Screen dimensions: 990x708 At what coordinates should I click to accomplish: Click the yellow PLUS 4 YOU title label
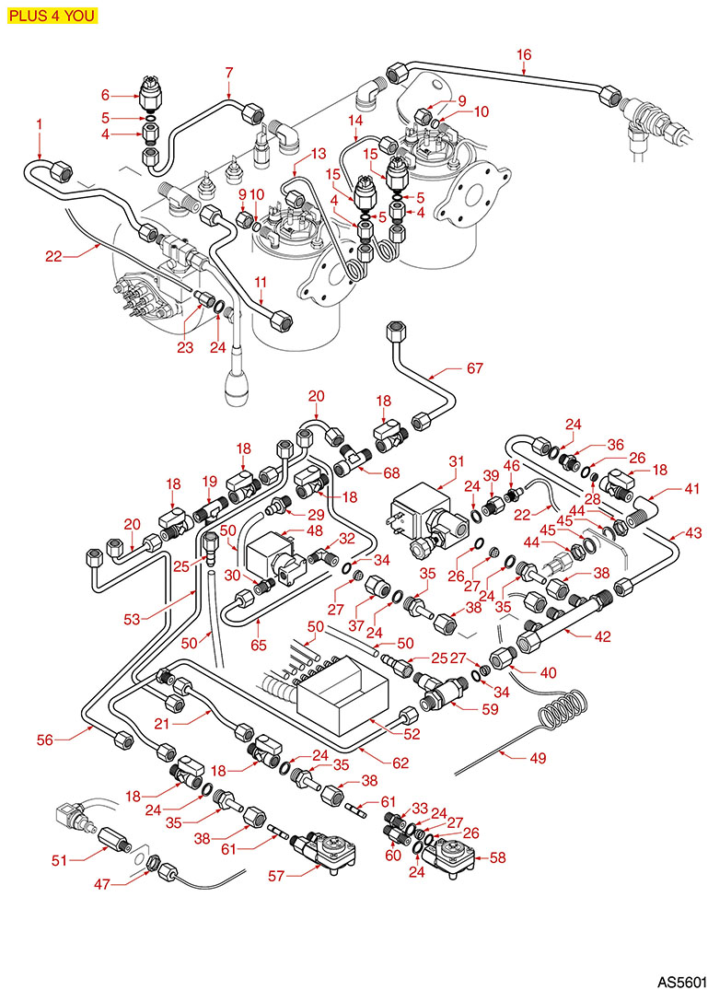tap(51, 15)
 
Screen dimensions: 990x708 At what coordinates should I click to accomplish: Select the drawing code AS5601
tap(679, 975)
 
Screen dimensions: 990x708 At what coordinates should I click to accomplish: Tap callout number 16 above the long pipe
tap(524, 54)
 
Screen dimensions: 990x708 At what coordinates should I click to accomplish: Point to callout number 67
tap(474, 368)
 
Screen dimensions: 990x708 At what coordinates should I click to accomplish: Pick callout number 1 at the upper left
tap(40, 122)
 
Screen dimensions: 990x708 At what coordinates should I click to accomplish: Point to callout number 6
tap(104, 94)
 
